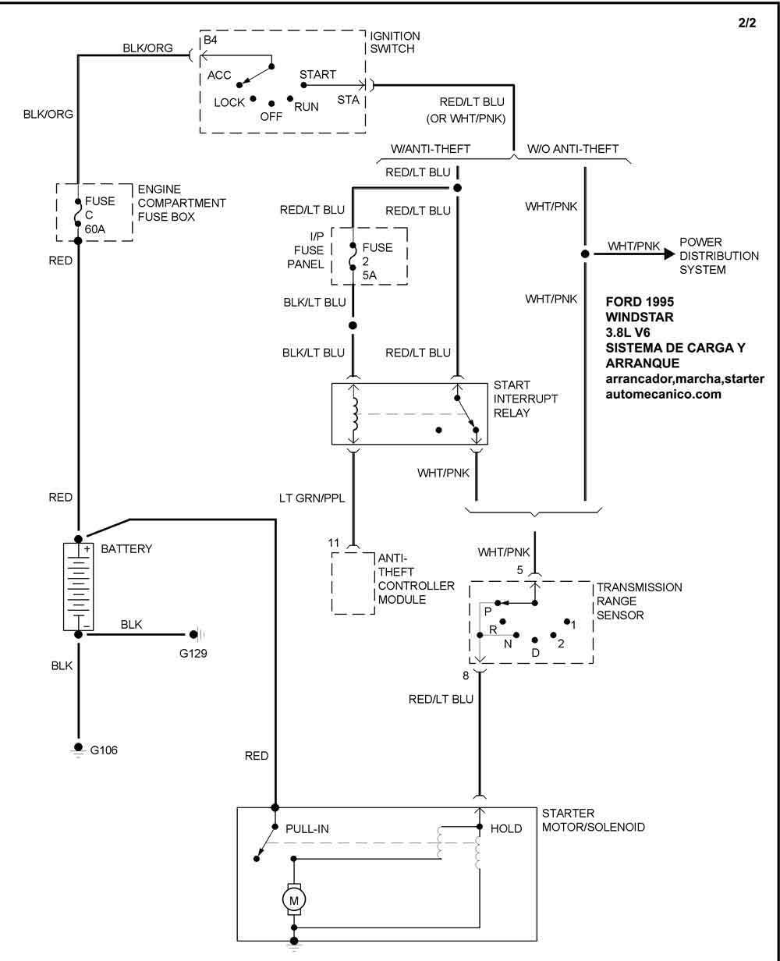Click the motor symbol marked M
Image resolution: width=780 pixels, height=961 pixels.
click(294, 900)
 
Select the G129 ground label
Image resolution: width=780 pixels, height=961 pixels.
click(193, 653)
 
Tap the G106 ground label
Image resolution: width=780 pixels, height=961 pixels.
click(104, 750)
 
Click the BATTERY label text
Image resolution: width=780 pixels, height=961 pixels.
click(126, 549)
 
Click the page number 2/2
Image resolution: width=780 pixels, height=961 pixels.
click(746, 23)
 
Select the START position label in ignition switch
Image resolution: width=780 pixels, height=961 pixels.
click(317, 75)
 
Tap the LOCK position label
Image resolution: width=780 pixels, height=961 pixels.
click(229, 103)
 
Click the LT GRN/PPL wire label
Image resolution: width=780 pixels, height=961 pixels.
click(312, 498)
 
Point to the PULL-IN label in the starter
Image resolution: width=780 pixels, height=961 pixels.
click(307, 828)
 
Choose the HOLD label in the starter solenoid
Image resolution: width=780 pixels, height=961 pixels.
click(506, 828)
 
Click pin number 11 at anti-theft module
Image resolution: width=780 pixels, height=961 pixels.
click(334, 542)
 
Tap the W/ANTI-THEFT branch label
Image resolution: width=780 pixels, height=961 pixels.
click(431, 149)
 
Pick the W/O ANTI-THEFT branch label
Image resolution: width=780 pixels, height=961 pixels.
click(573, 149)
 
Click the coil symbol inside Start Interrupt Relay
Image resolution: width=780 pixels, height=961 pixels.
click(355, 415)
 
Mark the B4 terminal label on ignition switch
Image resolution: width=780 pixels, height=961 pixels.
click(210, 41)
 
